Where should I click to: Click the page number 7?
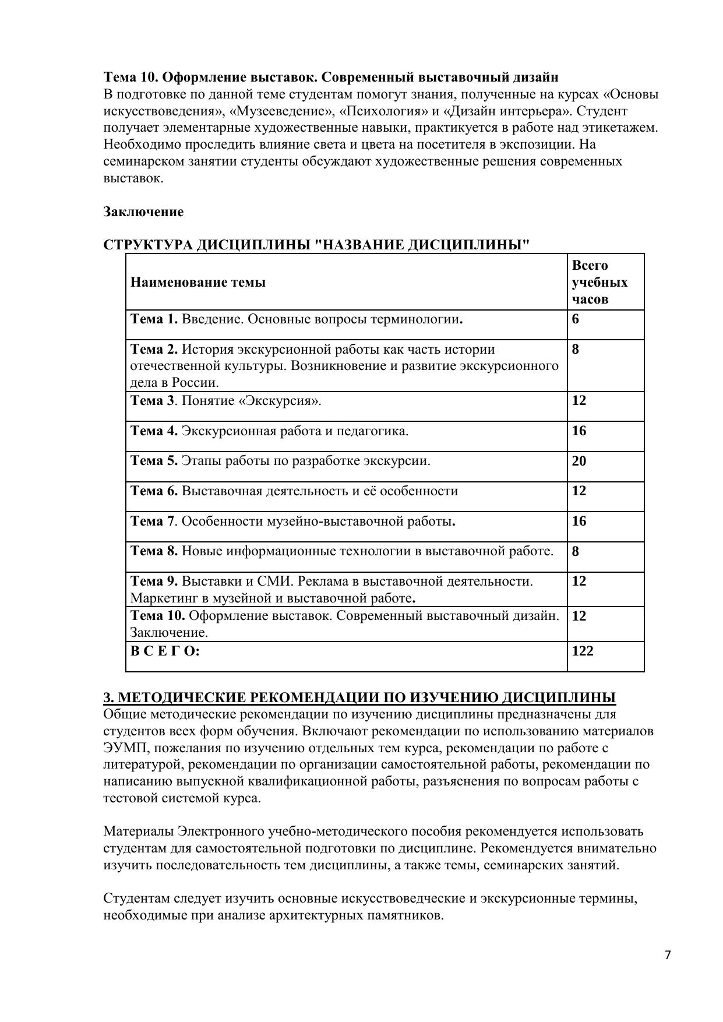(668, 954)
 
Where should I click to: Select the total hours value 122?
(583, 651)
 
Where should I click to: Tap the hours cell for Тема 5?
(579, 461)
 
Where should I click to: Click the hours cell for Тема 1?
(576, 319)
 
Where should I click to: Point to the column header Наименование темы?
(198, 283)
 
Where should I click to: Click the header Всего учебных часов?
(599, 282)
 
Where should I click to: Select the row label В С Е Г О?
(165, 651)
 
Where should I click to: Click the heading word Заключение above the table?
(143, 212)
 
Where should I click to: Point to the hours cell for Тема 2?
(576, 349)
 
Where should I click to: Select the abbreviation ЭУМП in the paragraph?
(119, 748)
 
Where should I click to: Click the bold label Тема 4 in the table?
(154, 431)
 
